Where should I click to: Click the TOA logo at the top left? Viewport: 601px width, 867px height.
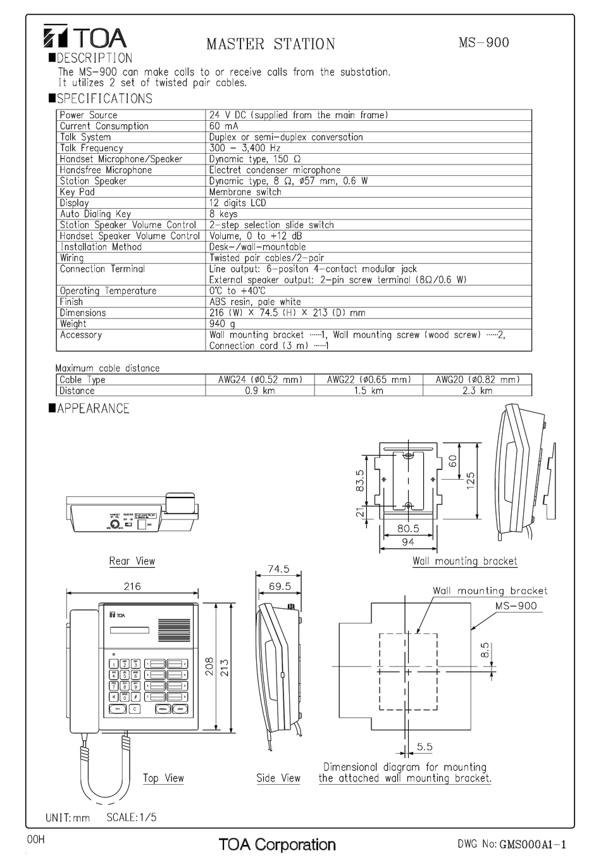pyautogui.click(x=85, y=38)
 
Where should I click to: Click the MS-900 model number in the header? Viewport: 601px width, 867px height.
pyautogui.click(x=483, y=42)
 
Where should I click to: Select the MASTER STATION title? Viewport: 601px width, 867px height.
pyautogui.click(x=271, y=44)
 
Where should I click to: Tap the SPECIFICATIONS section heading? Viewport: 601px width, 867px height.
pyautogui.click(x=104, y=99)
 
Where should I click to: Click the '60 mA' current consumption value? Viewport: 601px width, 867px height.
pyautogui.click(x=224, y=126)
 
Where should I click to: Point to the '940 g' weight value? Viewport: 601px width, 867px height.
pyautogui.click(x=222, y=324)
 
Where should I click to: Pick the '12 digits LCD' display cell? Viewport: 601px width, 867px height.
pyautogui.click(x=238, y=203)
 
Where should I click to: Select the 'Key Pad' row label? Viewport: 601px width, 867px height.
pyautogui.click(x=77, y=192)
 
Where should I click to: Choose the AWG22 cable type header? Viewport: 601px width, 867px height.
pyautogui.click(x=369, y=380)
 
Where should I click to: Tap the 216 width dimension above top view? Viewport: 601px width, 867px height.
pyautogui.click(x=132, y=587)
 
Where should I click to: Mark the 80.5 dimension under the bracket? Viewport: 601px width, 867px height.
pyautogui.click(x=408, y=528)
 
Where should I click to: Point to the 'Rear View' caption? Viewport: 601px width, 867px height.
pyautogui.click(x=132, y=561)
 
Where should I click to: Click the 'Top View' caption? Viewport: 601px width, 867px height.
pyautogui.click(x=163, y=778)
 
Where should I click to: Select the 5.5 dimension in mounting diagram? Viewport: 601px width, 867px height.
pyautogui.click(x=424, y=747)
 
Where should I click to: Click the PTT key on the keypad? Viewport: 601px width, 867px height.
pyautogui.click(x=118, y=709)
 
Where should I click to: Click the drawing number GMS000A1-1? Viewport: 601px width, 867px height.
pyautogui.click(x=532, y=844)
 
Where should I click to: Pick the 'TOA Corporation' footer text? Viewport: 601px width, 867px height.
pyautogui.click(x=277, y=844)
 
